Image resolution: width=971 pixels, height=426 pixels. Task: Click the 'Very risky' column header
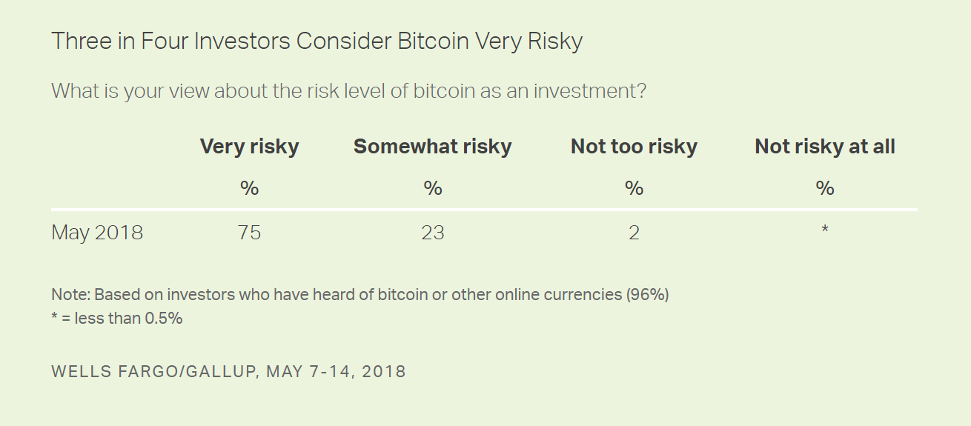(249, 147)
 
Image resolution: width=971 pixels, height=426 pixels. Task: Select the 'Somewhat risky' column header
(432, 147)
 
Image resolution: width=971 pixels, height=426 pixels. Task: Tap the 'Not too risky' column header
(634, 147)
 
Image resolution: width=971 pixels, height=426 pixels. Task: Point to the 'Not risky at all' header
(824, 147)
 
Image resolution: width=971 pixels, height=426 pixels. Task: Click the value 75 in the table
(249, 233)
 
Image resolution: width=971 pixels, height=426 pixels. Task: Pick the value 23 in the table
(432, 233)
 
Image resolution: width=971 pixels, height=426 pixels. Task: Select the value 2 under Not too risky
(634, 233)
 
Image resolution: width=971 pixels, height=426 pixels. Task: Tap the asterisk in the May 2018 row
(824, 230)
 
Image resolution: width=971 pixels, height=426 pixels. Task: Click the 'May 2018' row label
(97, 233)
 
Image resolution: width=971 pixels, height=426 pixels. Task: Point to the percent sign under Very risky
(249, 188)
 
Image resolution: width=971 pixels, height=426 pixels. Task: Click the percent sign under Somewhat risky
(432, 188)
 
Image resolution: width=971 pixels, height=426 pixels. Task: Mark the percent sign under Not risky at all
(824, 188)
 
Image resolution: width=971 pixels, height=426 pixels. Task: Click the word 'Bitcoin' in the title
(433, 41)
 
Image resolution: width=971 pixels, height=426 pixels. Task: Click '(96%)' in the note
(647, 294)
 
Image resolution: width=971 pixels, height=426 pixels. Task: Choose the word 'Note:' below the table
(70, 294)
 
